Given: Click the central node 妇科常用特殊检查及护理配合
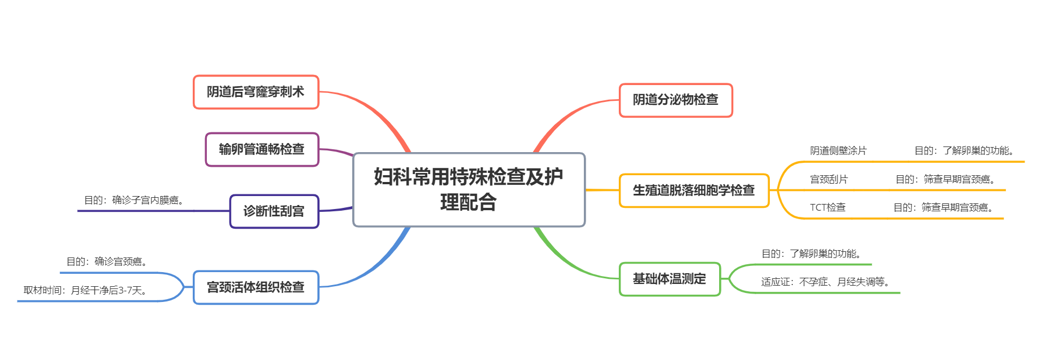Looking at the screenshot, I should [469, 189].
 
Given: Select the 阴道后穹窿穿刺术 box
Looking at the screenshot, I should [256, 92].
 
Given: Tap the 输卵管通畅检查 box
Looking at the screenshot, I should [262, 149].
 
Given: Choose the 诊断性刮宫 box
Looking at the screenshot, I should [274, 211].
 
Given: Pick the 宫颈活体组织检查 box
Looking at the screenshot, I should [256, 287].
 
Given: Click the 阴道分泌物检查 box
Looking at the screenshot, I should [676, 100].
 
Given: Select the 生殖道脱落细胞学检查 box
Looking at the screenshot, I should [694, 190].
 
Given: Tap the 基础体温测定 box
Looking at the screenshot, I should [670, 279].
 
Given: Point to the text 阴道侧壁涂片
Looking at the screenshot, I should [838, 151].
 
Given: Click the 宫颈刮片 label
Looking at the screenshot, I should [828, 180].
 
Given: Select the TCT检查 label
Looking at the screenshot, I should [827, 208].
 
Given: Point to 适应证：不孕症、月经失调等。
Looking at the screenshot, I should [827, 282].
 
